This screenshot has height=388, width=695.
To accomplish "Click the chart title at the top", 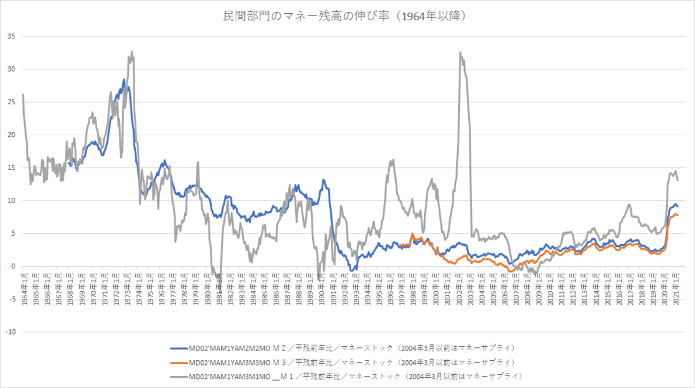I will tap(347, 17).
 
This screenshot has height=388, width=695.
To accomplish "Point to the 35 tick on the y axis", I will tap(11, 36).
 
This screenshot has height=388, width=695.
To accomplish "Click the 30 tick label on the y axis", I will tap(11, 69).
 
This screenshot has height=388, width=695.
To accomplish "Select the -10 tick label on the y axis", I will tap(10, 332).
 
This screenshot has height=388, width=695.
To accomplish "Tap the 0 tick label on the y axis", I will tap(13, 266).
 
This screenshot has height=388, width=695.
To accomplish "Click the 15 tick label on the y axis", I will tap(11, 168).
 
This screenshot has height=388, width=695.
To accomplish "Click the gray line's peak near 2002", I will tap(460, 52).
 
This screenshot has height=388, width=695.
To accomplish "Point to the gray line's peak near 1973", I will tap(132, 52).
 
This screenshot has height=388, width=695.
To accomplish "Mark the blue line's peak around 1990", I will tap(323, 180).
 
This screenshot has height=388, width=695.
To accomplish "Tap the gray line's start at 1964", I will tap(23, 95).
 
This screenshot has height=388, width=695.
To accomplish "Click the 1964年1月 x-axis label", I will tap(24, 289).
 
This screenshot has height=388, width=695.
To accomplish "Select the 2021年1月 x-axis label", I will tap(676, 289).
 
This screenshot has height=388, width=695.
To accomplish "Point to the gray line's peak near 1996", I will tap(393, 159).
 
